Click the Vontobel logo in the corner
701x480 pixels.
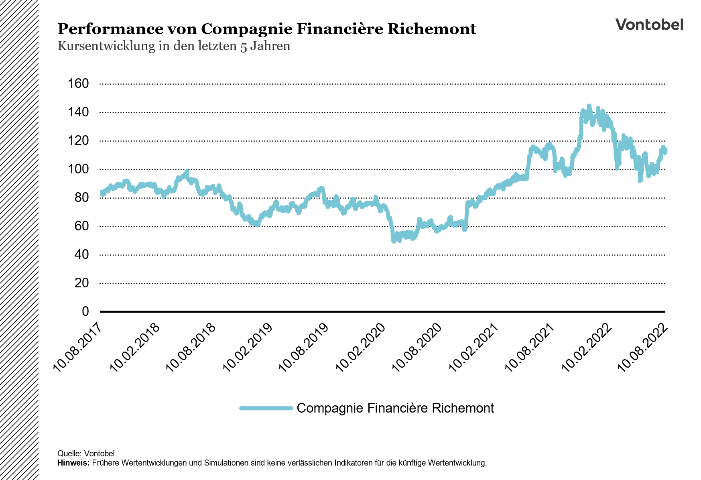point(649,24)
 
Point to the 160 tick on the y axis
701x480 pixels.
point(79,83)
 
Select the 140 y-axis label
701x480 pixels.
point(79,112)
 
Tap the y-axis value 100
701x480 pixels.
point(79,169)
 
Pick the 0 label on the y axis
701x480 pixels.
point(85,311)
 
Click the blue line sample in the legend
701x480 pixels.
point(266,408)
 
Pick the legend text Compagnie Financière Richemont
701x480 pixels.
point(395,408)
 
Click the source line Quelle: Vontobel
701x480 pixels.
point(86,454)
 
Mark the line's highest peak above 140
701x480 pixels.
point(589,106)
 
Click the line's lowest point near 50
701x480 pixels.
point(394,241)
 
